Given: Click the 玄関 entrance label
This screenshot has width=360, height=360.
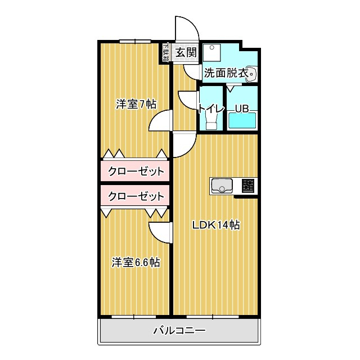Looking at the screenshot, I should click(185, 53).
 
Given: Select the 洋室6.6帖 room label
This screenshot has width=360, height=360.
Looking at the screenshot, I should click(135, 262).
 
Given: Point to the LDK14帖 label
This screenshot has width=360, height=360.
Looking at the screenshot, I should click(216, 225).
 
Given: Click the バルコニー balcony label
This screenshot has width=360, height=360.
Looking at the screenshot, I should click(179, 331).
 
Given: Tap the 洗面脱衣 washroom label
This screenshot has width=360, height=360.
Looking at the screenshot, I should click(226, 73).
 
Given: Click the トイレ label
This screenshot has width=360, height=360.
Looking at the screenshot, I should click(211, 109).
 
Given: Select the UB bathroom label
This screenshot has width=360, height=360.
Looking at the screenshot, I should click(242, 109).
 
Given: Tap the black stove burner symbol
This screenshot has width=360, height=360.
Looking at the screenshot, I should click(248, 186).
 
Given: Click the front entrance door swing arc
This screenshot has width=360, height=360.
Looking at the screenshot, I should click(186, 28).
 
